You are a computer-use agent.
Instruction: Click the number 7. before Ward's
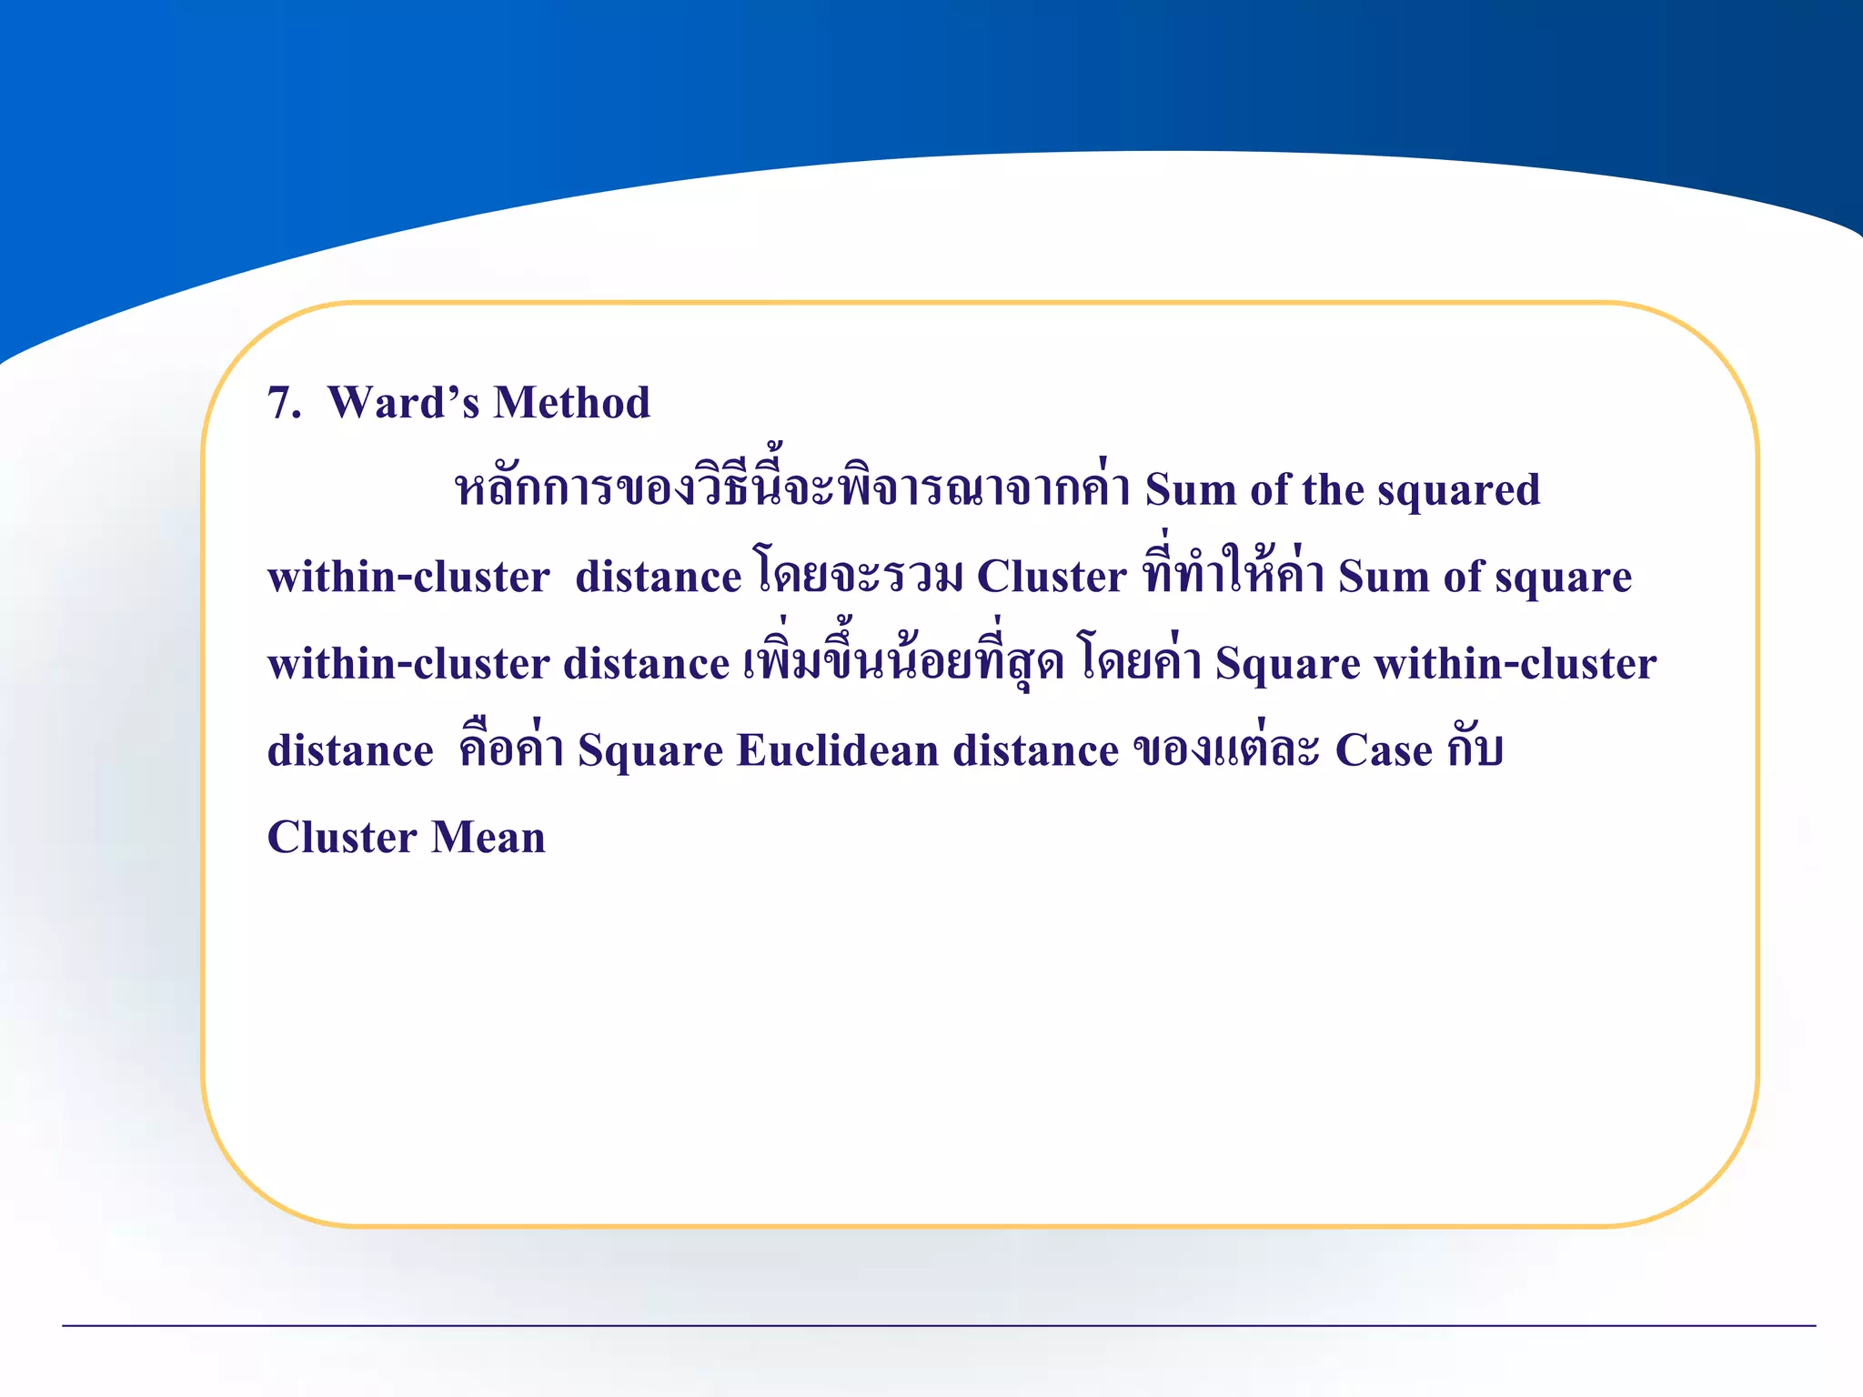(x=283, y=403)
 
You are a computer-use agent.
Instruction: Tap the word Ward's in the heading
(x=403, y=403)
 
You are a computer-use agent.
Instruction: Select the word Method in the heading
(x=572, y=403)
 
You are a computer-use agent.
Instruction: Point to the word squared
(x=1458, y=491)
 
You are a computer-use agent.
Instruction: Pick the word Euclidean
(x=838, y=751)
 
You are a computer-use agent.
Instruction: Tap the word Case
(x=1383, y=751)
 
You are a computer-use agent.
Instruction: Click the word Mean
(x=488, y=838)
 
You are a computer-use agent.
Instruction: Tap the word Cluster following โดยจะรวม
(x=1051, y=577)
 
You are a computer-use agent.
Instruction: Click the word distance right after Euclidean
(x=1035, y=751)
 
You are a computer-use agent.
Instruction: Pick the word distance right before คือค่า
(x=350, y=751)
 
